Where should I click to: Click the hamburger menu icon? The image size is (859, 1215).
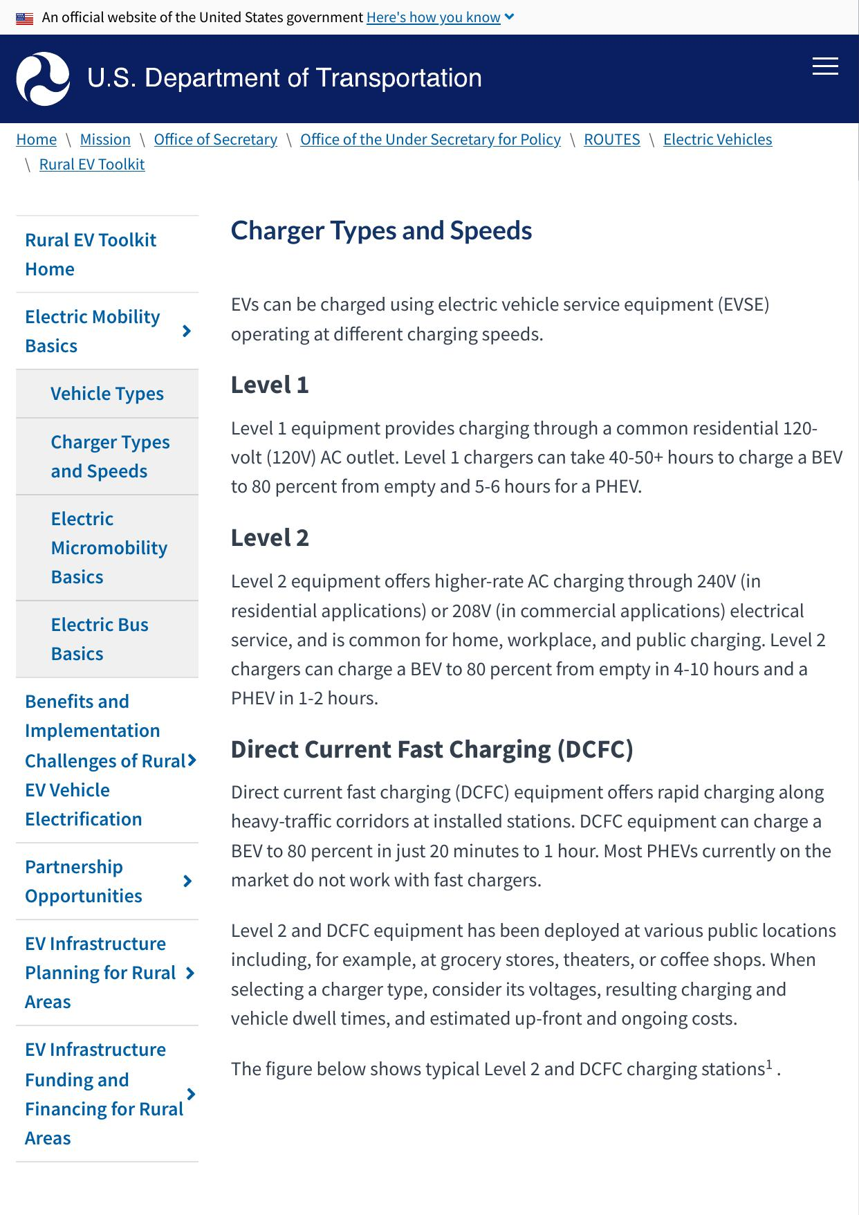pos(824,66)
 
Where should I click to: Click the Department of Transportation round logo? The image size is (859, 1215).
pos(43,79)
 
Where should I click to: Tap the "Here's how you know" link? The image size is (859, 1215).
pos(434,17)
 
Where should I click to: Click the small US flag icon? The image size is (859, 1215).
pos(25,19)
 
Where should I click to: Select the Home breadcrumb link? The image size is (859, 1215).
pos(37,140)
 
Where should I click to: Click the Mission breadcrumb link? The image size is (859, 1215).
pos(105,140)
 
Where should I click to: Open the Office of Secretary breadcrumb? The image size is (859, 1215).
pos(215,140)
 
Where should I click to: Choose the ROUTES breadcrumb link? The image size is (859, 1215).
pos(611,140)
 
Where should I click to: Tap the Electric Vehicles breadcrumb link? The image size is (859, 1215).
pos(717,140)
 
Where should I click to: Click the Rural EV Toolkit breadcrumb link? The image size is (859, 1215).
pos(92,165)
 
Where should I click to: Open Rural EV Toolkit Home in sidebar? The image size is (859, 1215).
pos(91,255)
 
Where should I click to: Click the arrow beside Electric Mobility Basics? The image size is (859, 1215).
pos(186,331)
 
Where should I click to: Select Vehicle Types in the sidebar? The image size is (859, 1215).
pos(107,394)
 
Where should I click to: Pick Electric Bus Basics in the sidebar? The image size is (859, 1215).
pos(100,639)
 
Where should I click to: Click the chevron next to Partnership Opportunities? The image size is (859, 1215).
pos(187,881)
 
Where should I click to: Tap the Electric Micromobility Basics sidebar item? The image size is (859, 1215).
pos(109,548)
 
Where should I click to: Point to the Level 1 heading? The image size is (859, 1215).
pos(270,385)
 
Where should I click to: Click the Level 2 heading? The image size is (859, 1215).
pos(270,538)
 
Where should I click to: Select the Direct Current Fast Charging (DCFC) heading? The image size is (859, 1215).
pos(432,749)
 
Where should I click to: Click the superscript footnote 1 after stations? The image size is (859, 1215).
pos(769,1065)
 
